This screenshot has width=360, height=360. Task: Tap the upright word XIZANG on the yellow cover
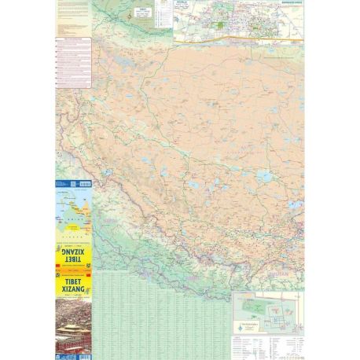(73, 290)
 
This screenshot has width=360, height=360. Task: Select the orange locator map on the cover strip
(73, 212)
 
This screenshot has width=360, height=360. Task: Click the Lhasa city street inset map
(236, 20)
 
